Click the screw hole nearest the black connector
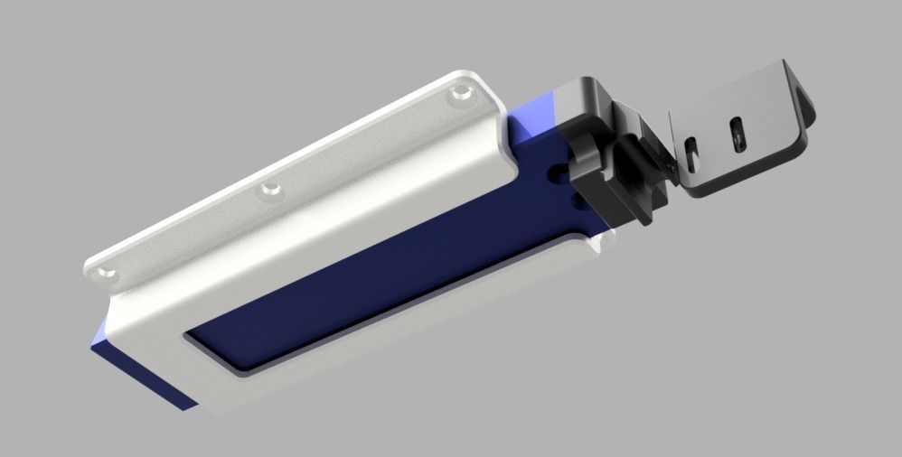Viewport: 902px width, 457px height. [463, 92]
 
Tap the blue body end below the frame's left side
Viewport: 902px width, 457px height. [136, 366]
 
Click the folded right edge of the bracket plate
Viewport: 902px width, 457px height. [804, 104]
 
